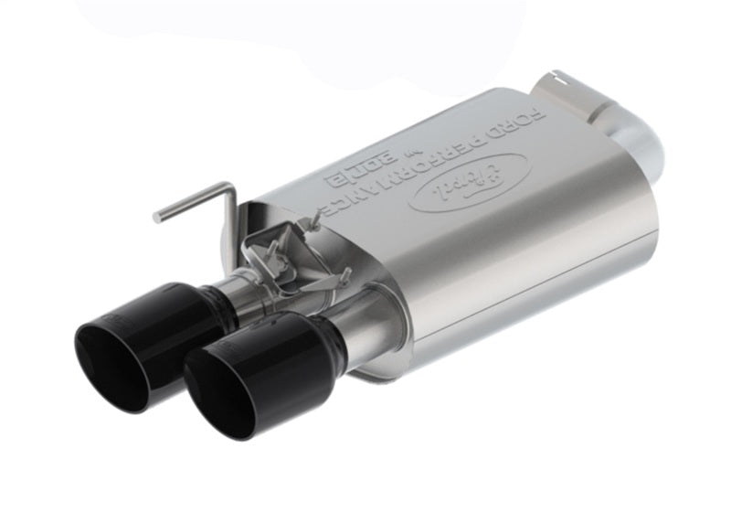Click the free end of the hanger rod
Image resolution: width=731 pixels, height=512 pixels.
(158, 217)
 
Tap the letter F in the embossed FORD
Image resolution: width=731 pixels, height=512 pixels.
(540, 115)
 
